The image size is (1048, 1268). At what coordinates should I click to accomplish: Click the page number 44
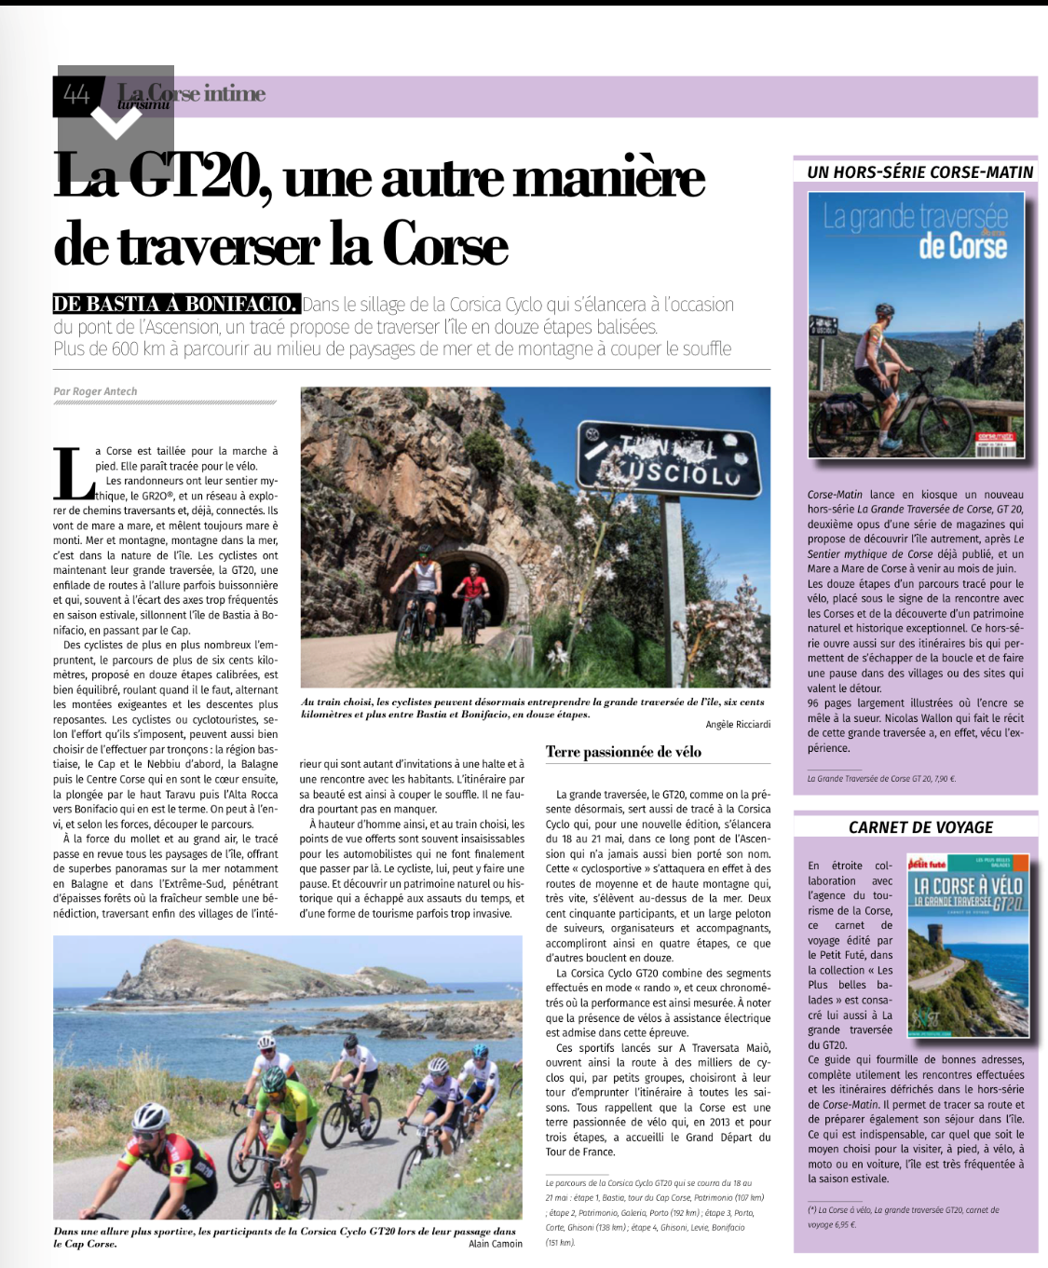[76, 94]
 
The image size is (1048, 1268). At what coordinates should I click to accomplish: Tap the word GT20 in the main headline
[200, 177]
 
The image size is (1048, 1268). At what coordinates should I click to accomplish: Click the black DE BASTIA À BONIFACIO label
[176, 304]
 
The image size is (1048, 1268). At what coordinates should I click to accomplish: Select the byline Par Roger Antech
[95, 391]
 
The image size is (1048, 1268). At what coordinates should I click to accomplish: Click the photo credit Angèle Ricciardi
[738, 724]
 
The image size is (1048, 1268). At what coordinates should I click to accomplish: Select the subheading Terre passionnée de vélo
[623, 752]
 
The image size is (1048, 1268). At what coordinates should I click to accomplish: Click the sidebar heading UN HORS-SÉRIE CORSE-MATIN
[919, 172]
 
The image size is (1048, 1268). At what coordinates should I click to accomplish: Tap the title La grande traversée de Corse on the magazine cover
[916, 231]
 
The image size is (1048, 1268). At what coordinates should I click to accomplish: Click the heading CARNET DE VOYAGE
[920, 827]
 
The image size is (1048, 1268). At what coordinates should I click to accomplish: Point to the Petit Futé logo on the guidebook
[928, 863]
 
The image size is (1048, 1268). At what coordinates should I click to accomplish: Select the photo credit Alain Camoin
[496, 1244]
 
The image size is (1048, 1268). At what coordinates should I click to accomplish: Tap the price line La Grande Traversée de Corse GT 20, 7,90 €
[881, 779]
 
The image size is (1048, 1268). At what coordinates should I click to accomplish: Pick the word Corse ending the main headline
[445, 246]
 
